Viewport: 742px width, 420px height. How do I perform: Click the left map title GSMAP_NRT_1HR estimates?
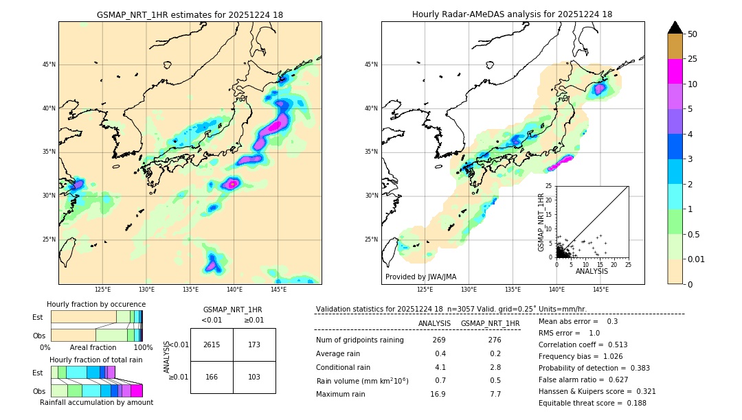point(190,14)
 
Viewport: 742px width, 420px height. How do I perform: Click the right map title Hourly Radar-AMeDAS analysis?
point(512,14)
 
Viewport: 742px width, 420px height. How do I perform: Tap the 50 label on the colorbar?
point(693,34)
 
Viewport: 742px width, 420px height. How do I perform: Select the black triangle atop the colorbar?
point(675,27)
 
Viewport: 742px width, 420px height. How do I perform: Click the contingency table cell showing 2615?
point(212,345)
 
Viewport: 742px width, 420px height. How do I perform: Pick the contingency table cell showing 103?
point(254,377)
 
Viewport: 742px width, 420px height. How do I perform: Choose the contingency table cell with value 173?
point(254,345)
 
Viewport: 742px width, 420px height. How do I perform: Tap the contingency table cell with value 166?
point(212,377)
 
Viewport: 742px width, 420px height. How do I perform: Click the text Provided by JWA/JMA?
point(420,277)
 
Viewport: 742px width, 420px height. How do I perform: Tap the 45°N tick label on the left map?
point(49,65)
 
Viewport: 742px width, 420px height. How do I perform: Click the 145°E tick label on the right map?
point(600,290)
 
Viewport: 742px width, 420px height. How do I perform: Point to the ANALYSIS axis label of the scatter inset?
point(592,271)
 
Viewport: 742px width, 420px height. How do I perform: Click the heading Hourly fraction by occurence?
point(96,304)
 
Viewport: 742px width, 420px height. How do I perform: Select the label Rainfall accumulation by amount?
point(96,403)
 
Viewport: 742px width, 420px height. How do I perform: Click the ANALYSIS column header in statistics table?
point(434,323)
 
